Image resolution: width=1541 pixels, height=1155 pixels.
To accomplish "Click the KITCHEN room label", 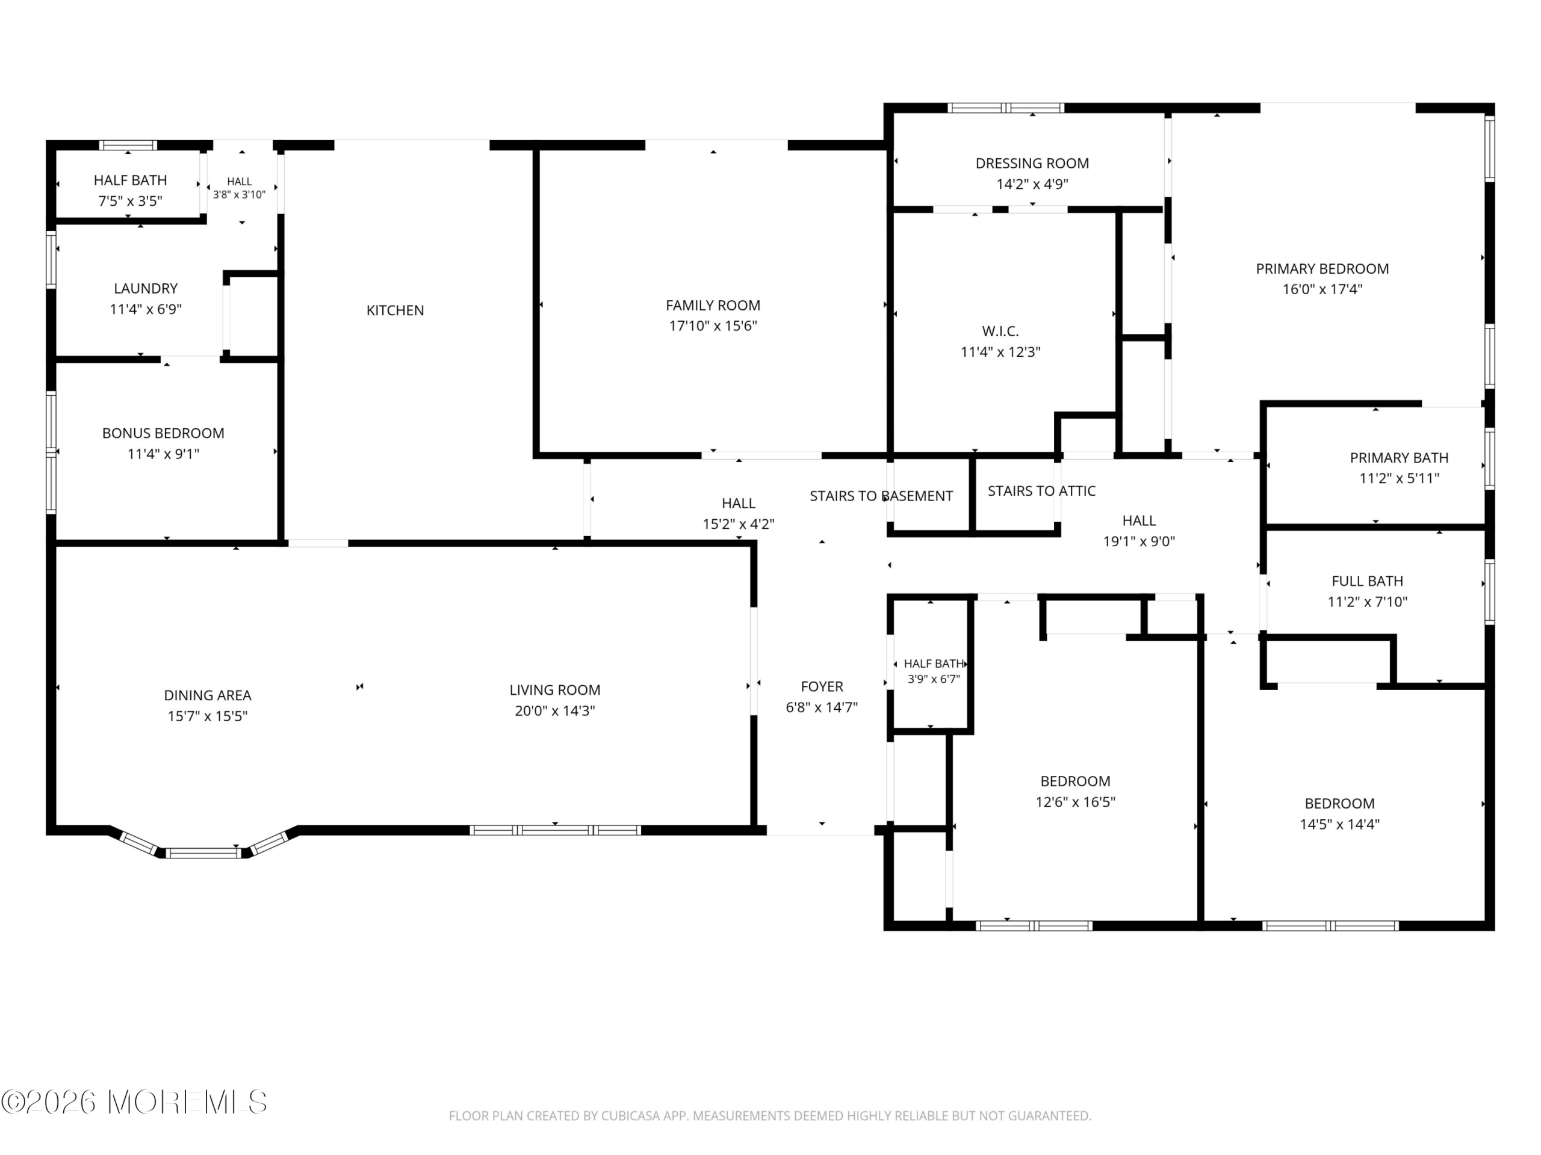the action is (x=395, y=310).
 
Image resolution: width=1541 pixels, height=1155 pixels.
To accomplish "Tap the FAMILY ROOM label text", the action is (x=713, y=305).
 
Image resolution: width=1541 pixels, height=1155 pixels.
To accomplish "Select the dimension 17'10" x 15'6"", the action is (x=713, y=326).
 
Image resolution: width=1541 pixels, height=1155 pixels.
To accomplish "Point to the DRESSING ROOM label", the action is (x=1032, y=164).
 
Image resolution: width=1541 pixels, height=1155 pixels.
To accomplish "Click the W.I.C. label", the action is (x=1000, y=331).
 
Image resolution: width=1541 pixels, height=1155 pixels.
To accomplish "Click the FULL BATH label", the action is (x=1368, y=581).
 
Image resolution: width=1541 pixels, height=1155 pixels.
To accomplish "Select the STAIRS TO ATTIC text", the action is (x=1041, y=491).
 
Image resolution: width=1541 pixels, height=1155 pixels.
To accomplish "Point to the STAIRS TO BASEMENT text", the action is (x=881, y=496).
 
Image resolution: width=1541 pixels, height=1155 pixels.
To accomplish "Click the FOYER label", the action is (x=822, y=687).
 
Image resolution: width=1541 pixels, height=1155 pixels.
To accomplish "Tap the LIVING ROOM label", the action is (x=554, y=691).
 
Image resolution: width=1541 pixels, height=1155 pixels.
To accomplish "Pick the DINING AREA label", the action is (x=208, y=695).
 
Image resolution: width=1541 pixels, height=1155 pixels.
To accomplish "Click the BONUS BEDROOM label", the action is (x=163, y=434).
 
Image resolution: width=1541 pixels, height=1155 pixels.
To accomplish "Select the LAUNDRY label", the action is (x=146, y=289).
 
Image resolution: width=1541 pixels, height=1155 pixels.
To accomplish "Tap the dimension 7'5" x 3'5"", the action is (x=130, y=201).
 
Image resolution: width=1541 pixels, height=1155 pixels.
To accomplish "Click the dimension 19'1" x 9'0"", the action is (x=1139, y=541).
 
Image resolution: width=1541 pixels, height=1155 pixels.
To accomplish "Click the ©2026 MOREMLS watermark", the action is (x=134, y=1102).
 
